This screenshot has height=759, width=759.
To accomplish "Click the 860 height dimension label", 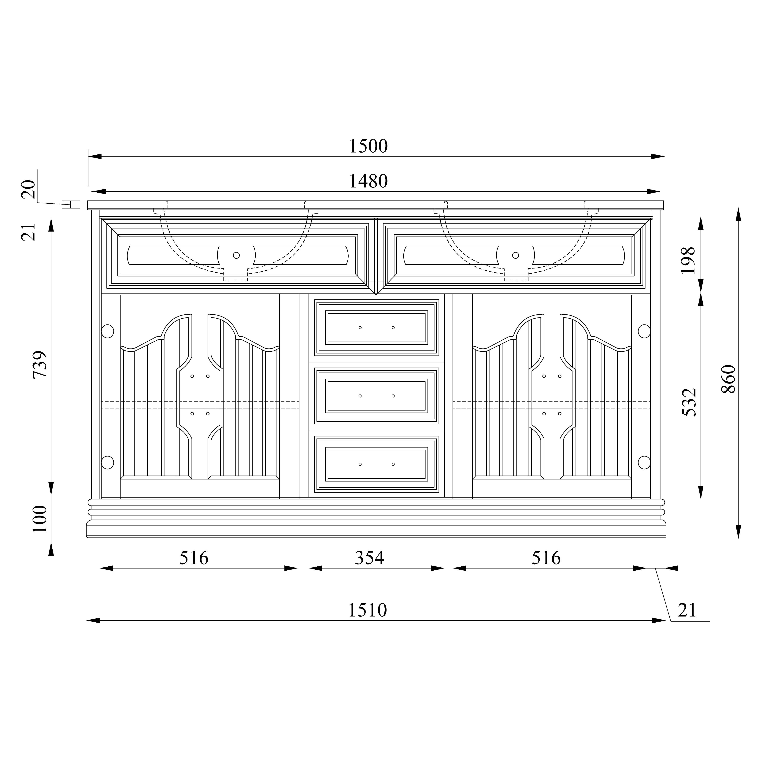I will tap(728, 379).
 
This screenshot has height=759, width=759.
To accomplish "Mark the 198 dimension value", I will tap(687, 261).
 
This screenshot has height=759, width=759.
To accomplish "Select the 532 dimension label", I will tap(689, 402).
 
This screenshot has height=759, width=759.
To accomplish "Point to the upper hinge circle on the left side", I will tap(107, 331).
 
